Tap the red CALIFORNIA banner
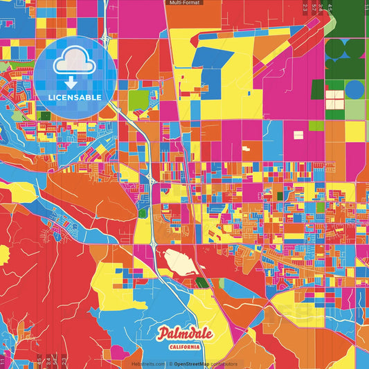pos(184,345)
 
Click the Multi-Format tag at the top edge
pos(184,3)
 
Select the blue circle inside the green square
pos(354,89)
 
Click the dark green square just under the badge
pos(46,116)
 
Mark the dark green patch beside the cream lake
pos(201,282)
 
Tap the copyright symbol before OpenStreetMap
pos(169,363)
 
